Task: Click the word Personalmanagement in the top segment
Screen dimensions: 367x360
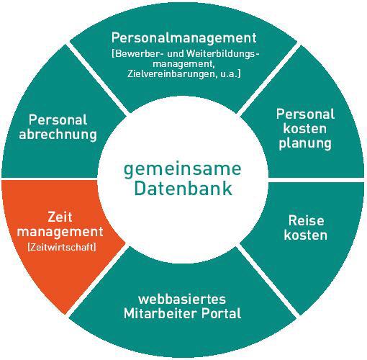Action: click(x=183, y=38)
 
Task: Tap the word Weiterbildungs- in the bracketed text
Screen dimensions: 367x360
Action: click(x=223, y=53)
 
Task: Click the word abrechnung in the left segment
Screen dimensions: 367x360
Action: click(x=58, y=135)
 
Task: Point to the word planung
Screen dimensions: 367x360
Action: click(x=305, y=144)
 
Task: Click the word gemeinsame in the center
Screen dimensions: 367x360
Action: click(x=182, y=170)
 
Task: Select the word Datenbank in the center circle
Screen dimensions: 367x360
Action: click(x=183, y=189)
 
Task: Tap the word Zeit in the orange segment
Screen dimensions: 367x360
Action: click(x=60, y=217)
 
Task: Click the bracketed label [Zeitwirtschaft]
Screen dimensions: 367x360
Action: click(x=62, y=247)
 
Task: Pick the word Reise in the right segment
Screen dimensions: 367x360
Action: click(x=306, y=220)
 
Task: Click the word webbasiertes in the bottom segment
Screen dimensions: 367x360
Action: click(x=182, y=300)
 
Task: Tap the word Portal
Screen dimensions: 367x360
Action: click(x=221, y=313)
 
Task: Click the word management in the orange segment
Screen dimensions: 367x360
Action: click(x=60, y=233)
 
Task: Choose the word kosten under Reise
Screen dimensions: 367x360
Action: click(x=306, y=235)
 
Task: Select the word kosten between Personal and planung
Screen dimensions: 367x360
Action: click(x=305, y=129)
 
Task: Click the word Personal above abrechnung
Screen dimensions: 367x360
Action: click(x=58, y=120)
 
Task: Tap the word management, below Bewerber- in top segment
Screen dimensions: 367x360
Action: click(x=183, y=64)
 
